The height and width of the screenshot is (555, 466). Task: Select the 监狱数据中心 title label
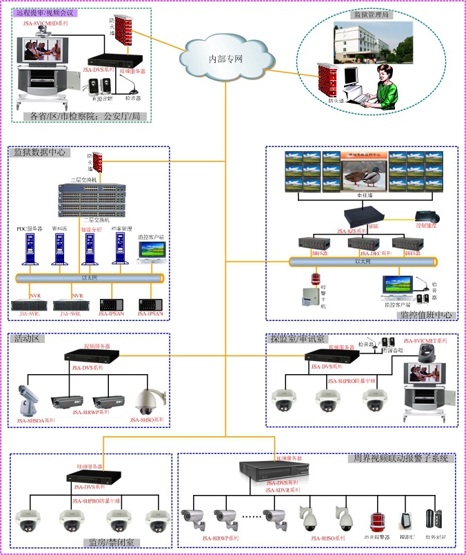pyautogui.click(x=41, y=152)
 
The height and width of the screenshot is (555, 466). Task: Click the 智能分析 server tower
pyautogui.click(x=90, y=249)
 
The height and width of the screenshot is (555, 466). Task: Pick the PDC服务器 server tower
pyautogui.click(x=29, y=249)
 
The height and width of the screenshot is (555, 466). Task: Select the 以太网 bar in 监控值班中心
pyautogui.click(x=363, y=262)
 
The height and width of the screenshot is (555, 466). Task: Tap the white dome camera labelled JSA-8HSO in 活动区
pyautogui.click(x=148, y=400)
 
